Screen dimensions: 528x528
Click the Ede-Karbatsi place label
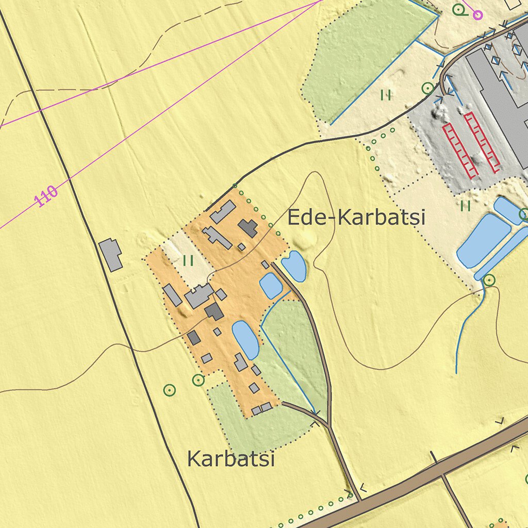click(x=356, y=217)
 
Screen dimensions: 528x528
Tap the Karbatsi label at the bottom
click(x=230, y=458)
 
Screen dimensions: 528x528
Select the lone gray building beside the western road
click(x=111, y=254)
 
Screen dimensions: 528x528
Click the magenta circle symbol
click(x=478, y=15)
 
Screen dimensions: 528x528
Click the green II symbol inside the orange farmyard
click(x=188, y=261)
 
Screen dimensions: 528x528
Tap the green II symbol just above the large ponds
click(x=466, y=206)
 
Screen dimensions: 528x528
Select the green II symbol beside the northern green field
click(x=386, y=95)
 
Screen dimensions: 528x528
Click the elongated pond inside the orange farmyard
click(x=245, y=339)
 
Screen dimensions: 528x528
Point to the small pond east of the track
click(x=294, y=266)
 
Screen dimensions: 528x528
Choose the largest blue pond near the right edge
click(x=483, y=240)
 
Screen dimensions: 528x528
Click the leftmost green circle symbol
click(x=169, y=390)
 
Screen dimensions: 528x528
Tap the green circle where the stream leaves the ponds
click(x=489, y=280)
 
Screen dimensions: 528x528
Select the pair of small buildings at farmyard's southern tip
click(x=261, y=409)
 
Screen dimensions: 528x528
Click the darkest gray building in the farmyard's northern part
click(x=248, y=228)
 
